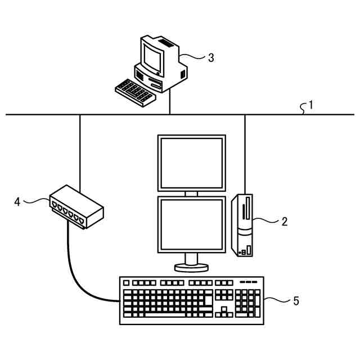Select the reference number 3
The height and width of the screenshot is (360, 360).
210,57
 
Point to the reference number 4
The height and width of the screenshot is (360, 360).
17,201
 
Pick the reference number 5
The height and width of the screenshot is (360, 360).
295,301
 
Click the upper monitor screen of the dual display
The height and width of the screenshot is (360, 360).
192,162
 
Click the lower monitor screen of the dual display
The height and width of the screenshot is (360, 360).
192,224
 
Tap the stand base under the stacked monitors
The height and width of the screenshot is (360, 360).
192,266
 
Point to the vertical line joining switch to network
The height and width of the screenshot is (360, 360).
80,152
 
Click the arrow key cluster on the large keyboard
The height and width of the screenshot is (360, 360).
224,312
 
